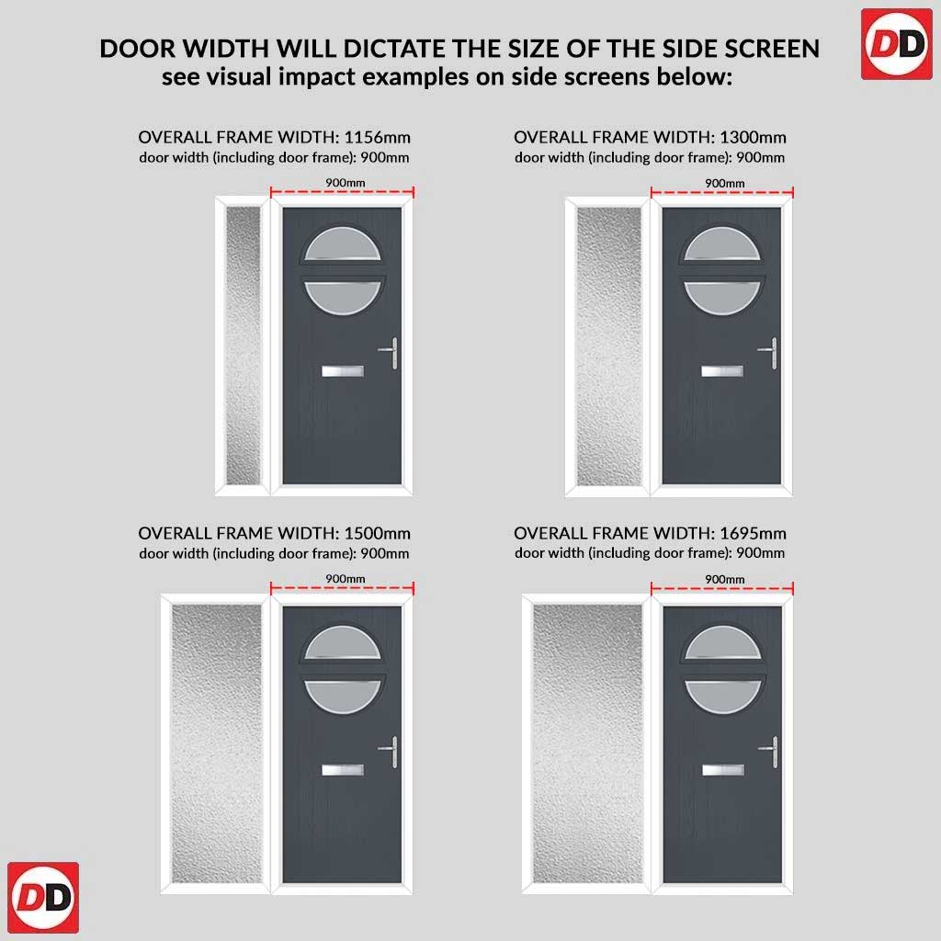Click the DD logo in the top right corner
[x=897, y=44]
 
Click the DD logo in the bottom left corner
[x=43, y=898]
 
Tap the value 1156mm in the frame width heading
[x=378, y=138]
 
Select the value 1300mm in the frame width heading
[x=753, y=138]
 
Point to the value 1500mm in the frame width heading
[x=378, y=534]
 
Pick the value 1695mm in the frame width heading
[x=753, y=534]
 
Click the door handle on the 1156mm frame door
[x=390, y=352]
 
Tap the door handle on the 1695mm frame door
[x=771, y=752]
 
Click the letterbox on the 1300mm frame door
[x=722, y=371]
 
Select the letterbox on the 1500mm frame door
[x=342, y=770]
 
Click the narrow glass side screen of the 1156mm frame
[x=243, y=346]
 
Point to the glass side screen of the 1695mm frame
[x=587, y=743]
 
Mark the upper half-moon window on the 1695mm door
[x=723, y=643]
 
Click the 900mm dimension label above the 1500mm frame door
[x=346, y=579]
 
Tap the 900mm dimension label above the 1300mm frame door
[x=724, y=183]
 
